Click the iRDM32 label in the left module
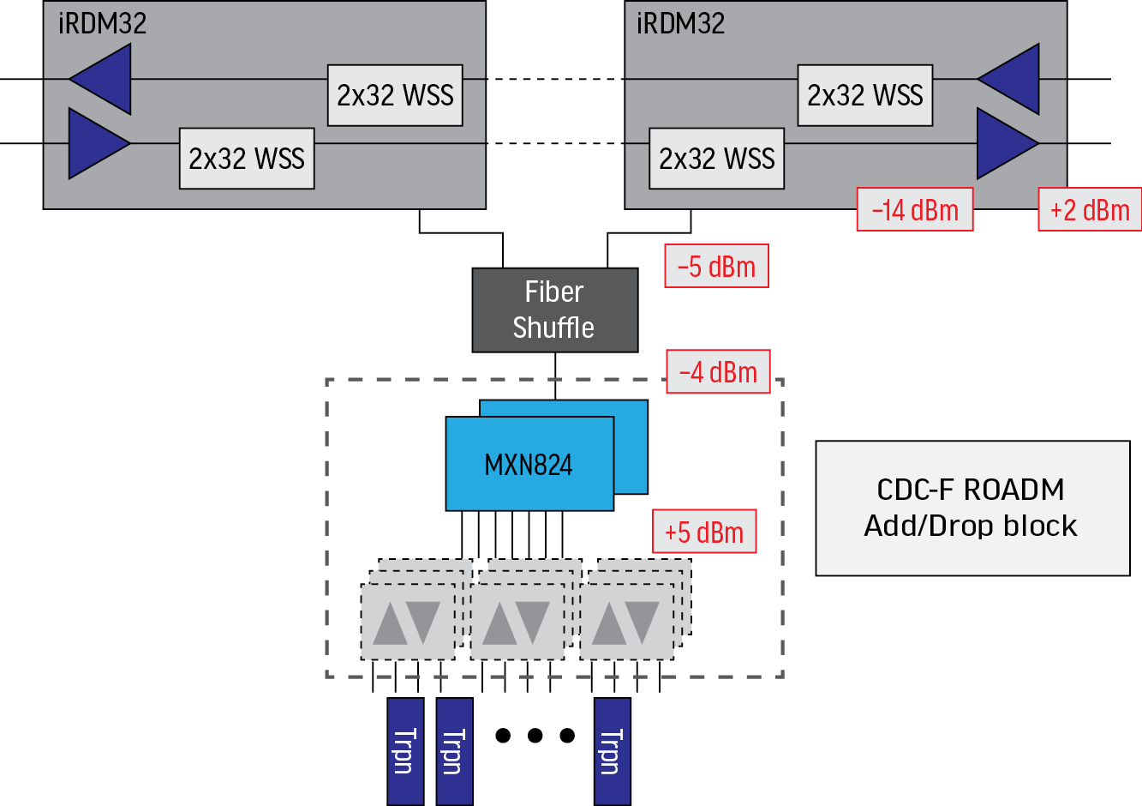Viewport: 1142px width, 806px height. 102,23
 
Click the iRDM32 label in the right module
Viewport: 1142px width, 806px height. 680,23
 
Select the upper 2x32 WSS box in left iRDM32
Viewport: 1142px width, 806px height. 395,95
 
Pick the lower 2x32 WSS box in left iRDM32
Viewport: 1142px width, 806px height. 247,159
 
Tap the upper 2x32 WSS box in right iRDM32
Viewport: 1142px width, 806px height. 865,95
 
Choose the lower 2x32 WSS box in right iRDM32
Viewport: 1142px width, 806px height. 717,159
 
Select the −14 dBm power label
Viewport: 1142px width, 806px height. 915,209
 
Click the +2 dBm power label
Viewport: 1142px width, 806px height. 1090,209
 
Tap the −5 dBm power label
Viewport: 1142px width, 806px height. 716,266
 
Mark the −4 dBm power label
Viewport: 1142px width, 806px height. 718,371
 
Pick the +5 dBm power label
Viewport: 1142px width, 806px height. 704,532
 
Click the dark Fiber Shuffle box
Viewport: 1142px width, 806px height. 555,310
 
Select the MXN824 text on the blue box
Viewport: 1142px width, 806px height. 529,465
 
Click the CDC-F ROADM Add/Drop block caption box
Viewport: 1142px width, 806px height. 972,508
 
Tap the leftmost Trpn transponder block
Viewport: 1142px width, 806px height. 405,751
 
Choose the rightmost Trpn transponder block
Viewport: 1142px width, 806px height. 612,751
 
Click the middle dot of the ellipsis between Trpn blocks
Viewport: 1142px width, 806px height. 535,735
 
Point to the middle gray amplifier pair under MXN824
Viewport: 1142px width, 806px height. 517,623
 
